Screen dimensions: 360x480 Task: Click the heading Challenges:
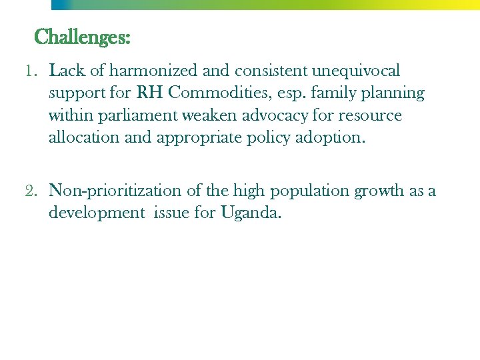pyautogui.click(x=82, y=37)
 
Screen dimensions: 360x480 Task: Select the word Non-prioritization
pyautogui.click(x=115, y=191)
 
